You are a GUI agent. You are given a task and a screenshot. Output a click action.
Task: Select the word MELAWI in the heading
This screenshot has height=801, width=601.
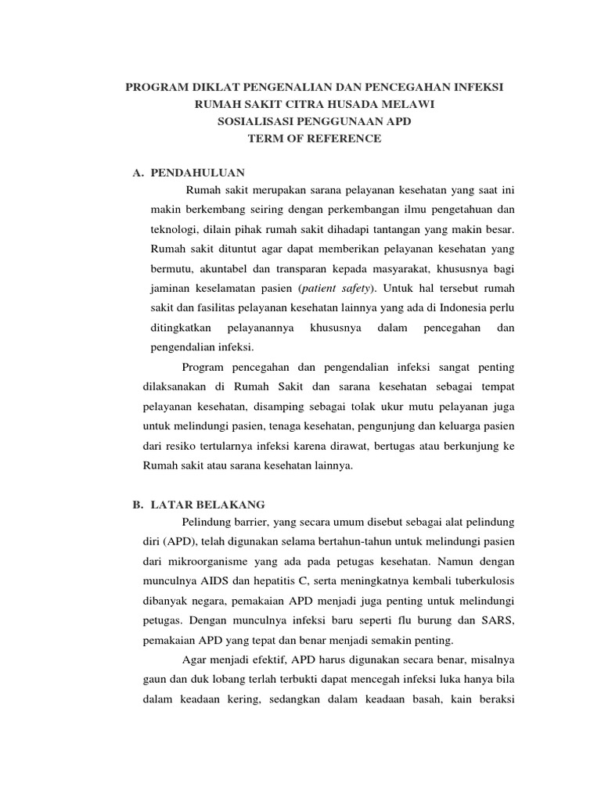pyautogui.click(x=405, y=105)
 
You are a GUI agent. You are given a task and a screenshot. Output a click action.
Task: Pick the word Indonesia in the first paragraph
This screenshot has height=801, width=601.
pyautogui.click(x=455, y=308)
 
